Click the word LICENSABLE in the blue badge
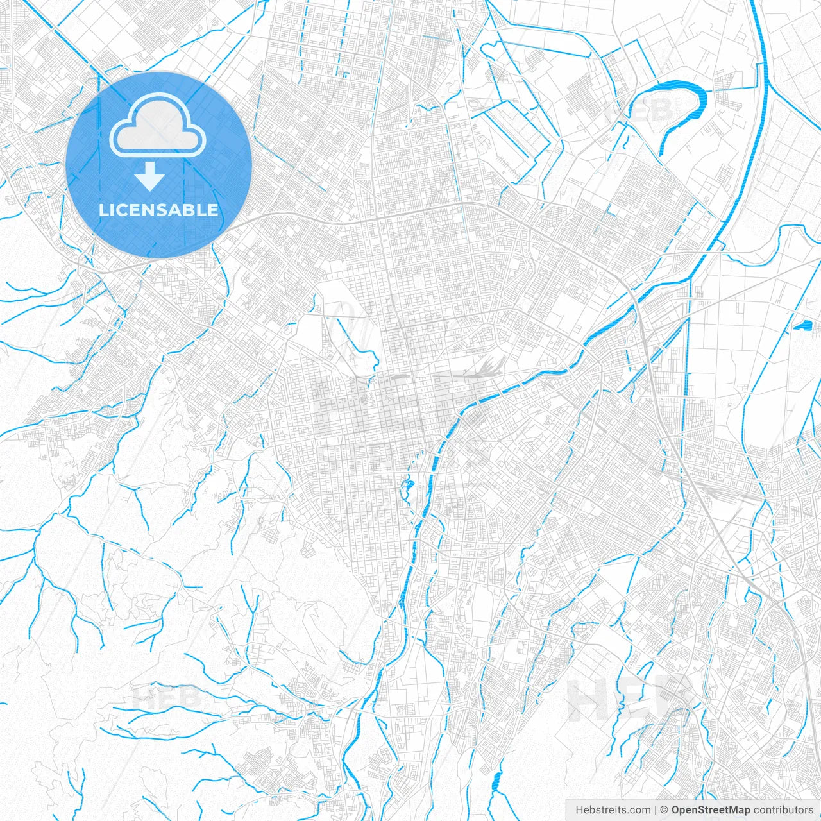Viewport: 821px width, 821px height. [x=158, y=210]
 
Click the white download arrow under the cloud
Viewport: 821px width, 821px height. [x=150, y=177]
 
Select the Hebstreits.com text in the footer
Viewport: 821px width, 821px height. [x=613, y=810]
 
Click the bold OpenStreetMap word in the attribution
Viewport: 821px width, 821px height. [x=711, y=810]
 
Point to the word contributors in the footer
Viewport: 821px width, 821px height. [x=783, y=810]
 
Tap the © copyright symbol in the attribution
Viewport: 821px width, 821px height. [x=664, y=810]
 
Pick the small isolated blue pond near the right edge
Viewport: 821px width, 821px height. [x=802, y=325]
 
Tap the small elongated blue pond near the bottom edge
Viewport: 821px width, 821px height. [x=495, y=781]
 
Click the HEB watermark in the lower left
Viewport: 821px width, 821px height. [x=167, y=697]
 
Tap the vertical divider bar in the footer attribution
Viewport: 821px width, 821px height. [x=656, y=810]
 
